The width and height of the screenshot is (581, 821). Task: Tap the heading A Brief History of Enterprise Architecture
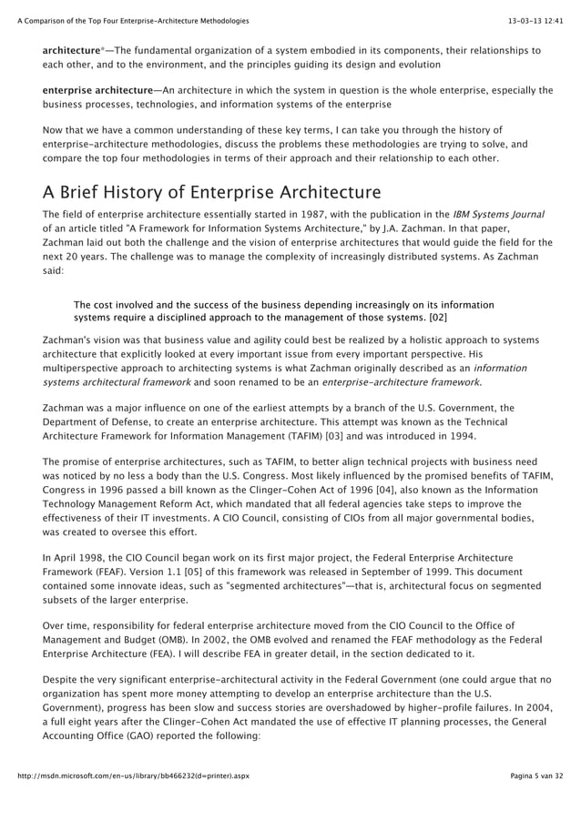tap(211, 192)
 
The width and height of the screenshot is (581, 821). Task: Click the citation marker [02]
tap(437, 318)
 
